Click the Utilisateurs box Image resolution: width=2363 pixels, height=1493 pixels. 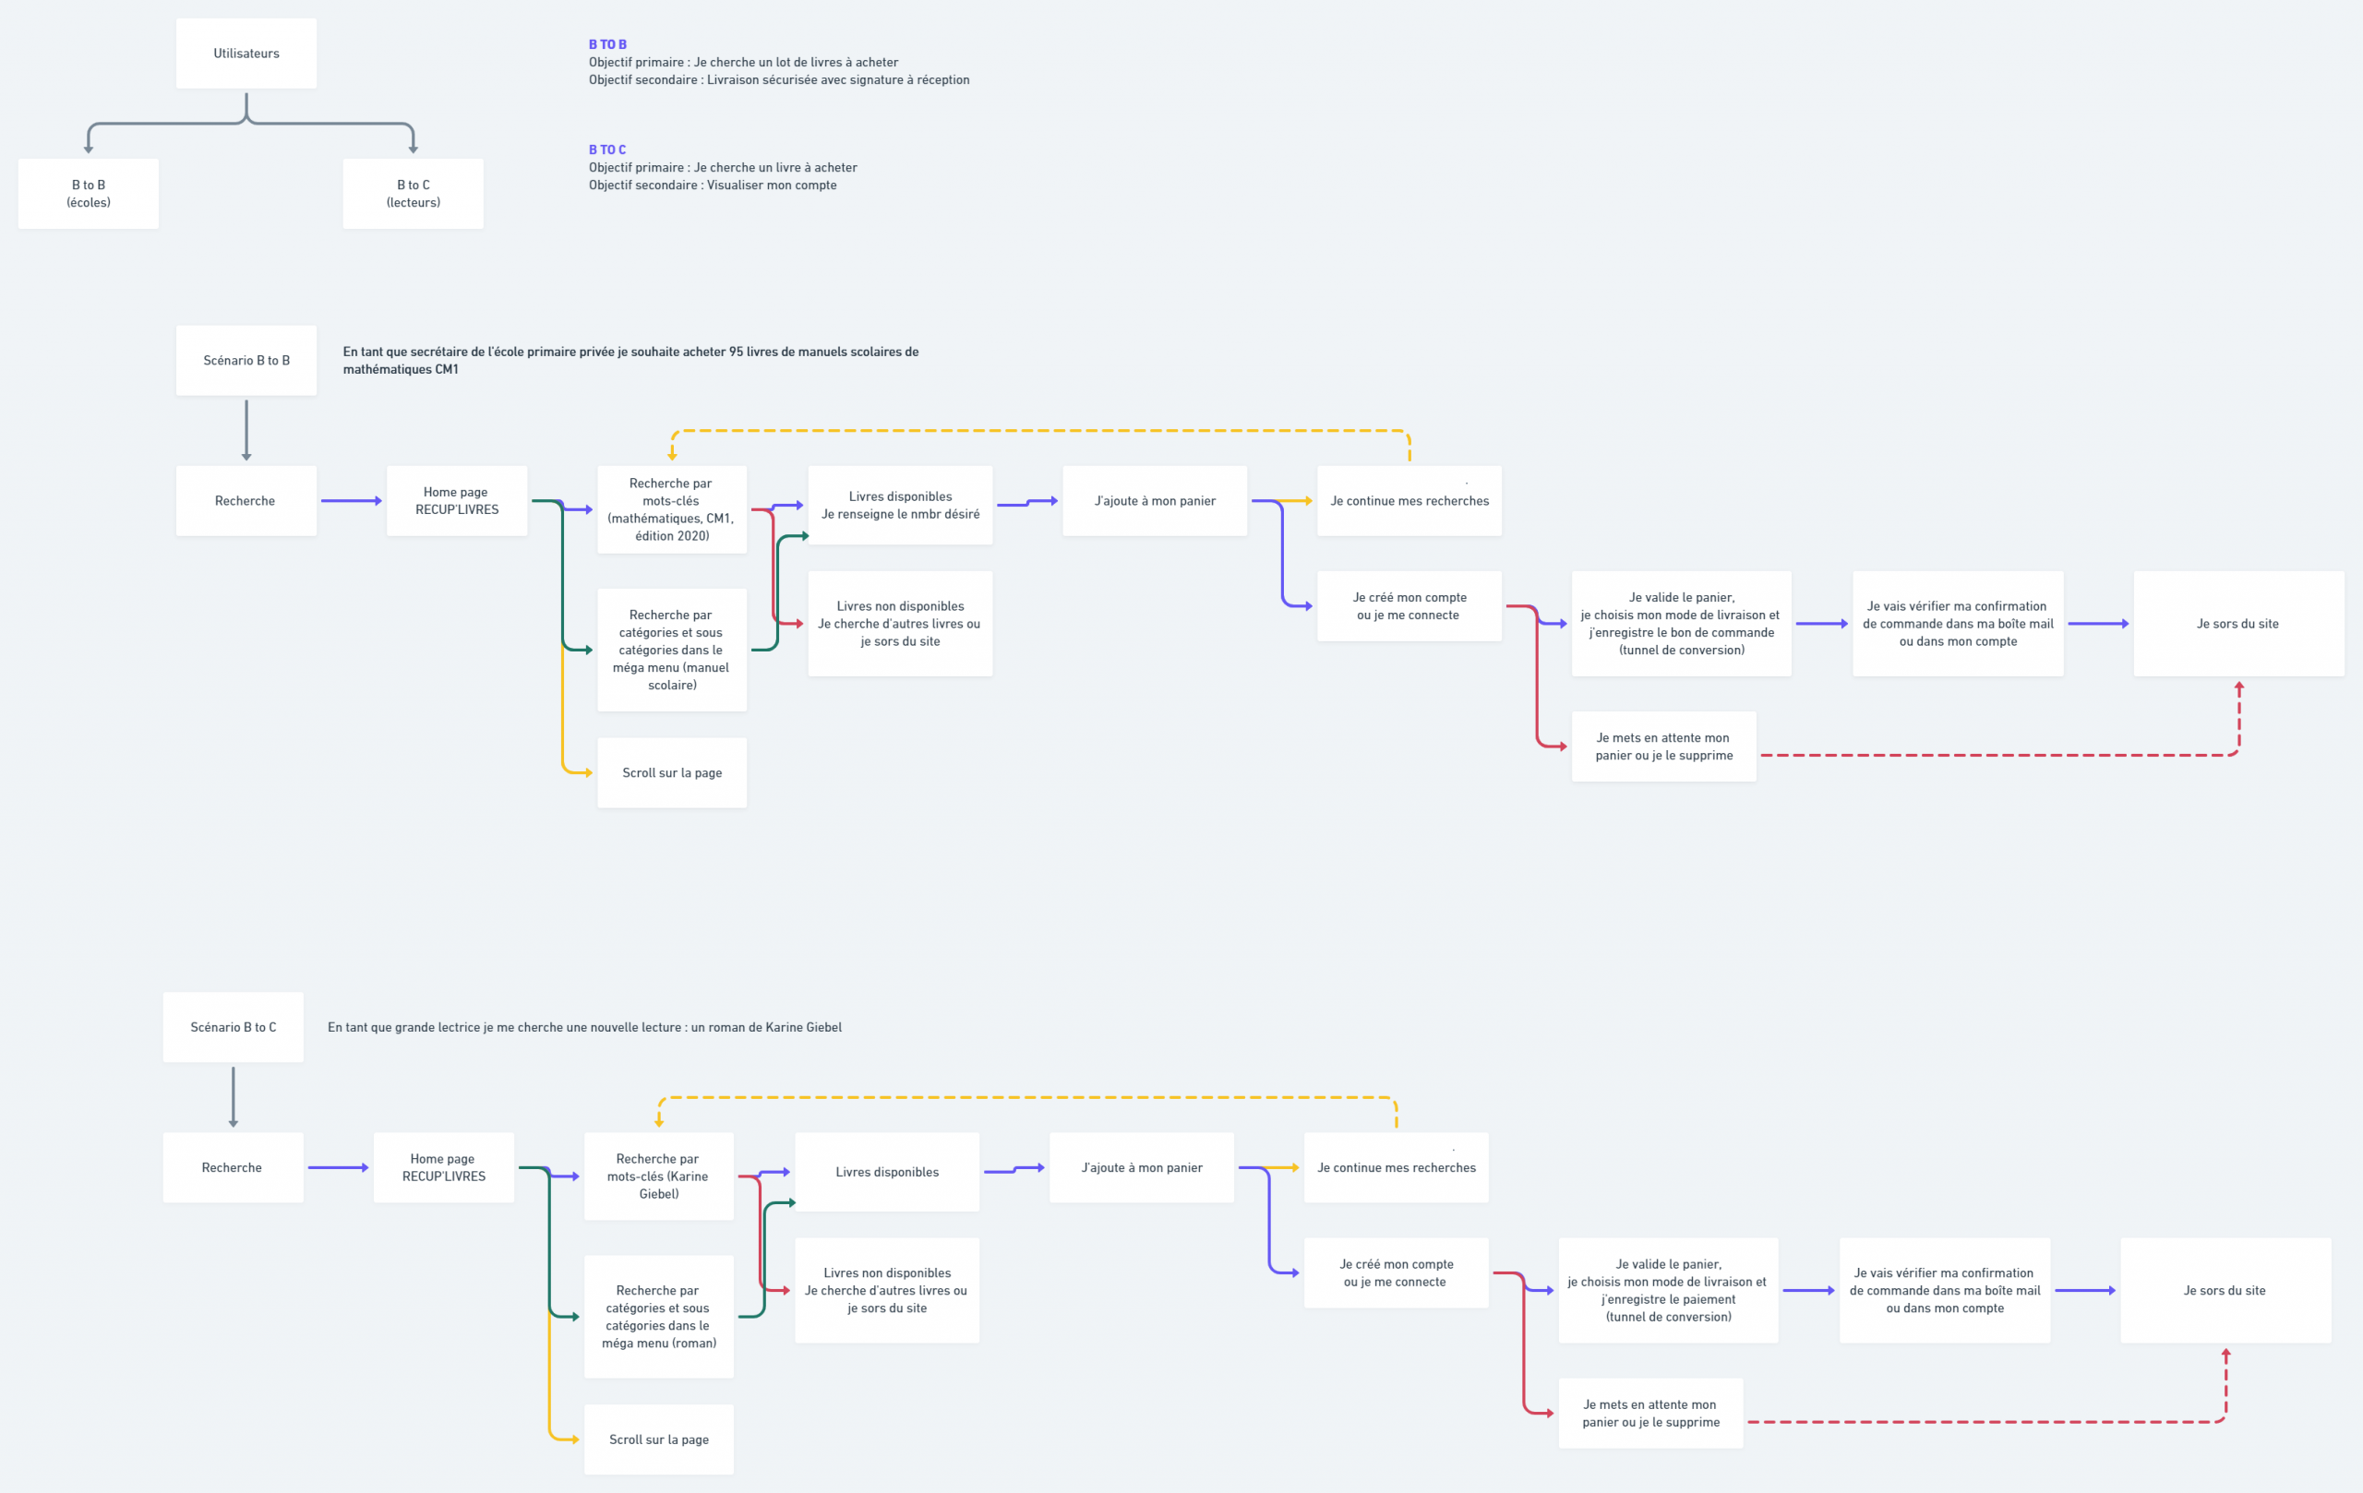[246, 53]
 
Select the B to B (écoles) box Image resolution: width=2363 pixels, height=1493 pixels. [89, 193]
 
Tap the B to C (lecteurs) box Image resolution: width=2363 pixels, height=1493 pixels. [414, 193]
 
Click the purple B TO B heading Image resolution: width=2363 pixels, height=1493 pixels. [607, 44]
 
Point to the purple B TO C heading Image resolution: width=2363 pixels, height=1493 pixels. [607, 149]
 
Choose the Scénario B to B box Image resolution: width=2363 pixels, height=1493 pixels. [246, 360]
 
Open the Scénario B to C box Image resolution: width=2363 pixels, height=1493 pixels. [234, 1027]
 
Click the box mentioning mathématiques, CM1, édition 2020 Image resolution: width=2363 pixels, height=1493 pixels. [672, 509]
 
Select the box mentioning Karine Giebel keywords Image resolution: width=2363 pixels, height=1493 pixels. [659, 1176]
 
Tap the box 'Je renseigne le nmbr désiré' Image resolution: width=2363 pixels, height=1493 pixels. [901, 505]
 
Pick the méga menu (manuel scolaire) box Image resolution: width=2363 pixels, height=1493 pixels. [672, 650]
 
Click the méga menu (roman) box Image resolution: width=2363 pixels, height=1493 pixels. [659, 1317]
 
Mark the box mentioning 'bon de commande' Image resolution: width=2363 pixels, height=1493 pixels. [1682, 624]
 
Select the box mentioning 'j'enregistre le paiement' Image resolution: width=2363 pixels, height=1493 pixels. [1669, 1290]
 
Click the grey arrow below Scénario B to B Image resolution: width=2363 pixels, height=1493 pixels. [246, 430]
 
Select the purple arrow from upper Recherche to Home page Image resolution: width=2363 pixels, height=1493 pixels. [352, 501]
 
